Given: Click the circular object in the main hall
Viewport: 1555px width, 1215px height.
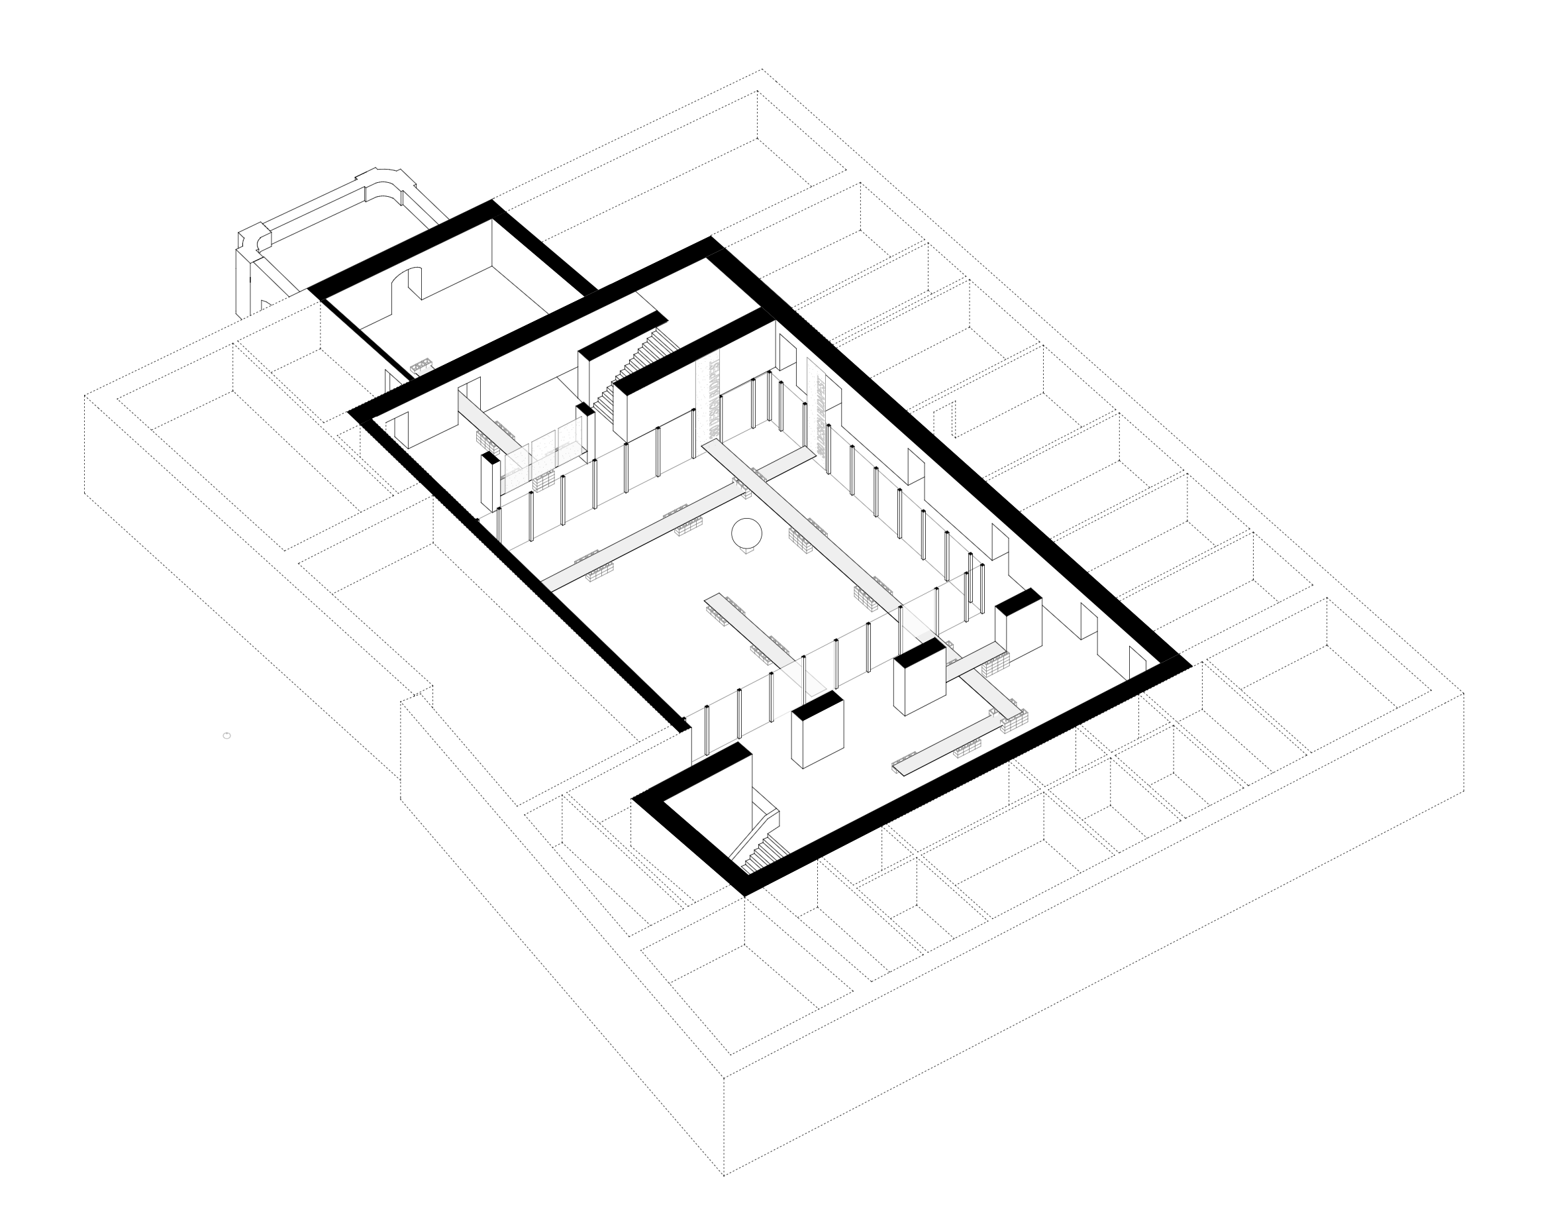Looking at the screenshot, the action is pos(747,533).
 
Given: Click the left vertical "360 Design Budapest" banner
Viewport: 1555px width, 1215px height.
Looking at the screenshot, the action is pos(709,399).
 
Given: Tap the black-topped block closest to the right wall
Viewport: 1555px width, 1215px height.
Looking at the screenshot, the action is pos(1019,627).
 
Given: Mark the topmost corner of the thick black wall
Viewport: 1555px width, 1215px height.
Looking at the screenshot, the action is pos(493,203).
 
